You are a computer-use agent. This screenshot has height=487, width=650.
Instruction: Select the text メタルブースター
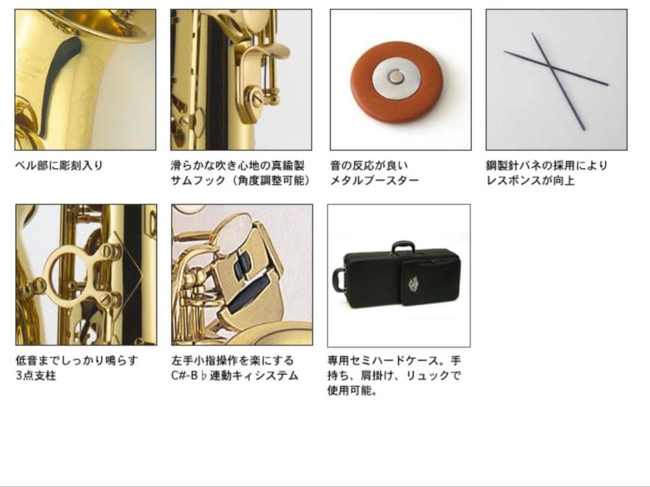pyautogui.click(x=374, y=181)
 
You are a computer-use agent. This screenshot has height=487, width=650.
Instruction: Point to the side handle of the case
pyautogui.click(x=338, y=279)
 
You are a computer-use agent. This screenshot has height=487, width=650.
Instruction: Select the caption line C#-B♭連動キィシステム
pyautogui.click(x=234, y=376)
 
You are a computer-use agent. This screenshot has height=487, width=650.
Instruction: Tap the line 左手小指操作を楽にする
pyautogui.click(x=232, y=361)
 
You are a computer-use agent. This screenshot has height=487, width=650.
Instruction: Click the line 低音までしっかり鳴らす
pyautogui.click(x=76, y=361)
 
